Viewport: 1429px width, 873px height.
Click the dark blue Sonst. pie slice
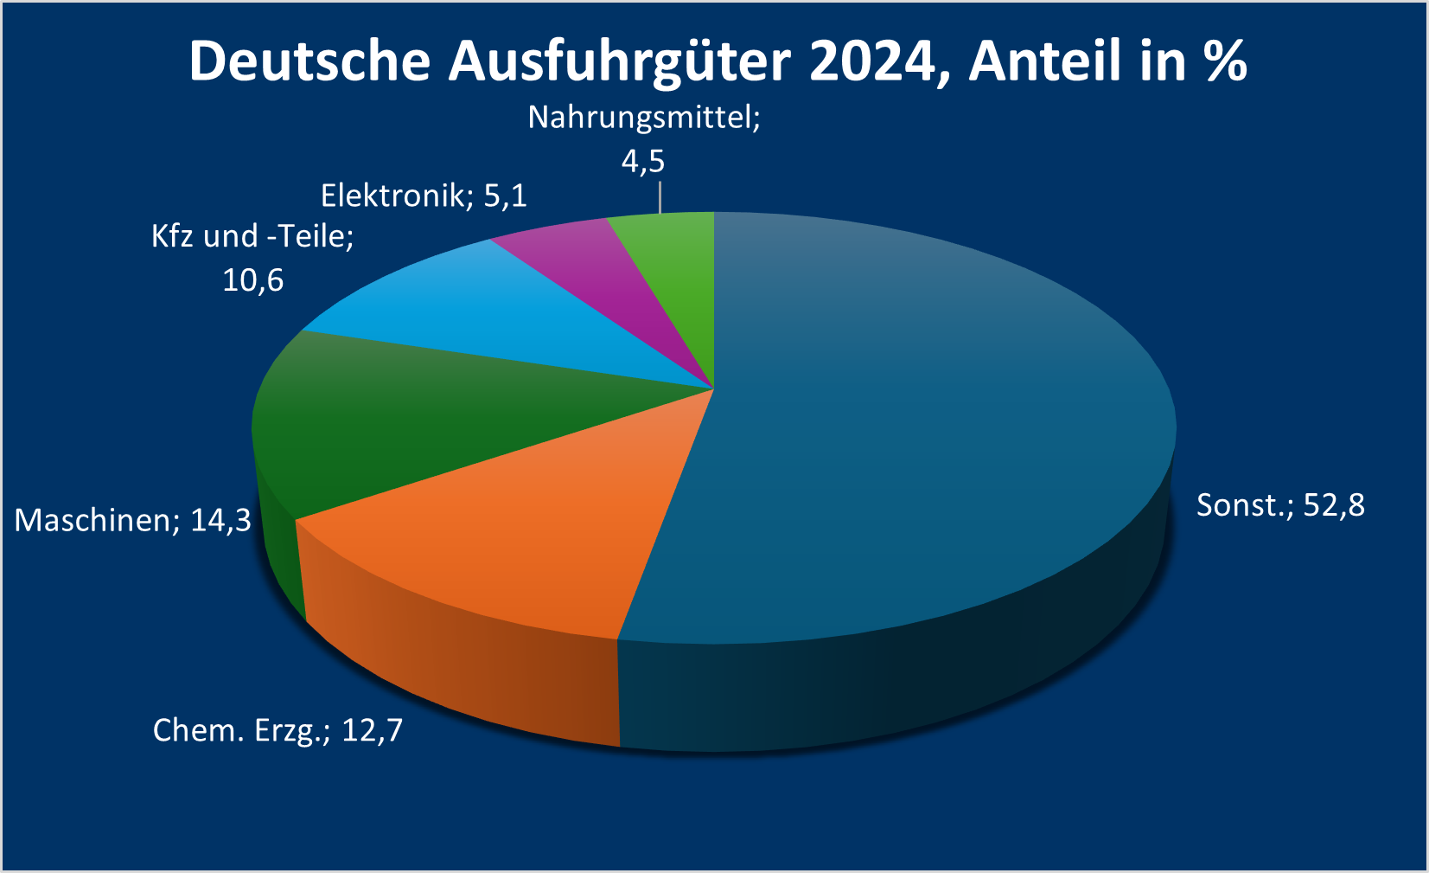coord(908,450)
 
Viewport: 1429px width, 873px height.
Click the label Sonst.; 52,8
coord(1279,504)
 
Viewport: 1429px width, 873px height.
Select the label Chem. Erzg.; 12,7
coord(278,730)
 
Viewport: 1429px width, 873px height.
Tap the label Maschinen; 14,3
coord(132,520)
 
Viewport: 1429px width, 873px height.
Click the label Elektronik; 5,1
coord(424,196)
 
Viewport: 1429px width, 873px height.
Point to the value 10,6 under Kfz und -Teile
coord(252,280)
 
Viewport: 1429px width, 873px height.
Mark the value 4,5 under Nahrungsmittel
coord(643,161)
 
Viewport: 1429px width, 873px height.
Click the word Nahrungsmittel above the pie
coord(643,118)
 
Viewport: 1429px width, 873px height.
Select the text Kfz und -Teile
coord(252,236)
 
